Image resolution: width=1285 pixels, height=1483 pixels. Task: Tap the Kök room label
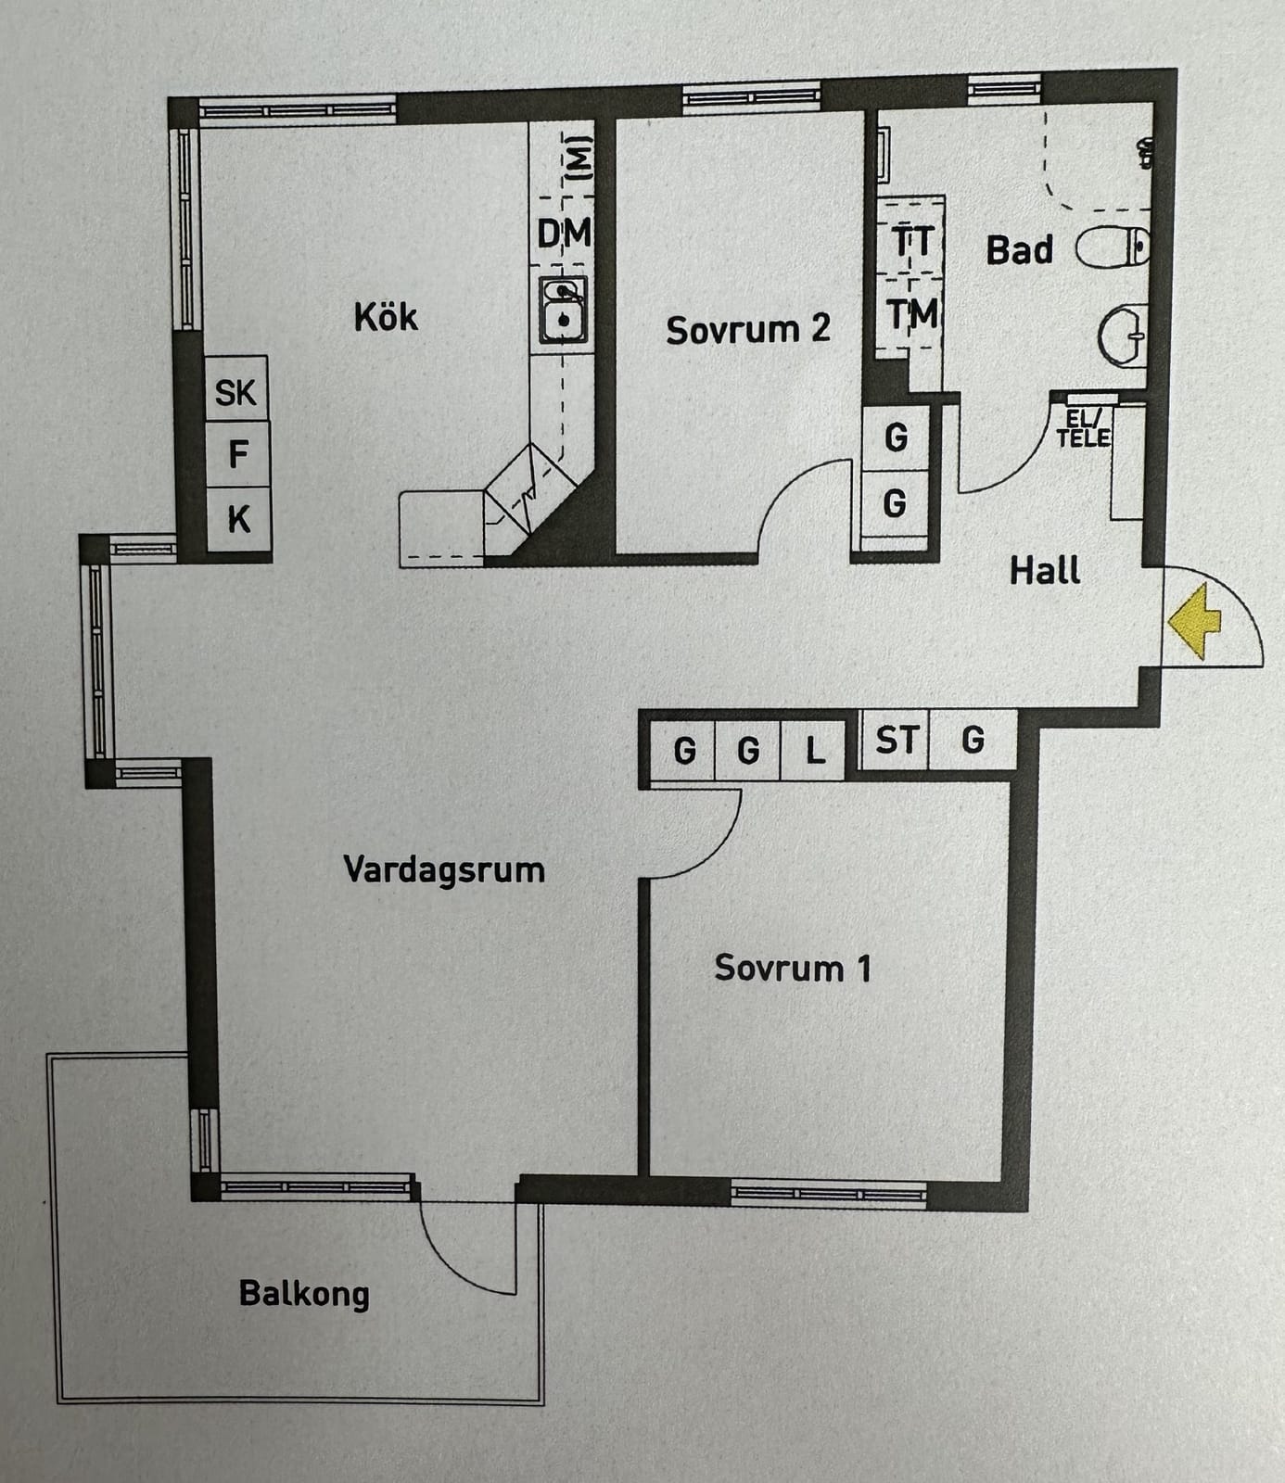[386, 317]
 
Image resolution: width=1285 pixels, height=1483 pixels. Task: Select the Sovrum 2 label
[747, 329]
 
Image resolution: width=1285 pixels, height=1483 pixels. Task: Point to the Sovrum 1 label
[793, 969]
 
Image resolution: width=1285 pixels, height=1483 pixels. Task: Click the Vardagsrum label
[444, 870]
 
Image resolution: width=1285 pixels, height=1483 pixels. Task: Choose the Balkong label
[304, 1294]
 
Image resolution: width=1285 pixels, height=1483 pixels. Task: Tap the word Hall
[1045, 570]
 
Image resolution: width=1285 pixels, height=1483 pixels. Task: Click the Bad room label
[1019, 249]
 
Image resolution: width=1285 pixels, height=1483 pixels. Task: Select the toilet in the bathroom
[1113, 247]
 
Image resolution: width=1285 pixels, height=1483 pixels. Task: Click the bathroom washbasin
[1123, 336]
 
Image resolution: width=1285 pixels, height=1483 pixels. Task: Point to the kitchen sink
[564, 310]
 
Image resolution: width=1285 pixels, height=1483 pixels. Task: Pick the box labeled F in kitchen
[237, 454]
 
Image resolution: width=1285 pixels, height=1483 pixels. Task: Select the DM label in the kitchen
[564, 234]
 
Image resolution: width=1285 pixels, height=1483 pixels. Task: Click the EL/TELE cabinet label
[1083, 428]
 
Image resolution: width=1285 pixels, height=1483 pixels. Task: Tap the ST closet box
[896, 740]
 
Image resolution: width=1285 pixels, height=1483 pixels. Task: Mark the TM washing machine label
[911, 314]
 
